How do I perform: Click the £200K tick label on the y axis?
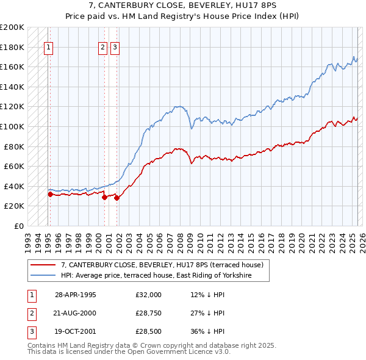coord(12,27)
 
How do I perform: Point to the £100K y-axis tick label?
coord(12,126)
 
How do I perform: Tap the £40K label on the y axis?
coord(15,186)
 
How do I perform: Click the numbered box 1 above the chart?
coord(48,48)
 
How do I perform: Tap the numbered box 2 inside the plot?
coord(103,48)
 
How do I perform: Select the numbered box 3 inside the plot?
coord(115,48)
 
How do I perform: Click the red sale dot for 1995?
coord(50,195)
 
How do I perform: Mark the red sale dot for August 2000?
coord(104,198)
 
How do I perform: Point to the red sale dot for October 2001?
coord(117,198)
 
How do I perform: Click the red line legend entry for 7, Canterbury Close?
coord(162,265)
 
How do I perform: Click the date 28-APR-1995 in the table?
coord(76,295)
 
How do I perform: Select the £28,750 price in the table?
coord(149,313)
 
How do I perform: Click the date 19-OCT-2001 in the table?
coord(76,331)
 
